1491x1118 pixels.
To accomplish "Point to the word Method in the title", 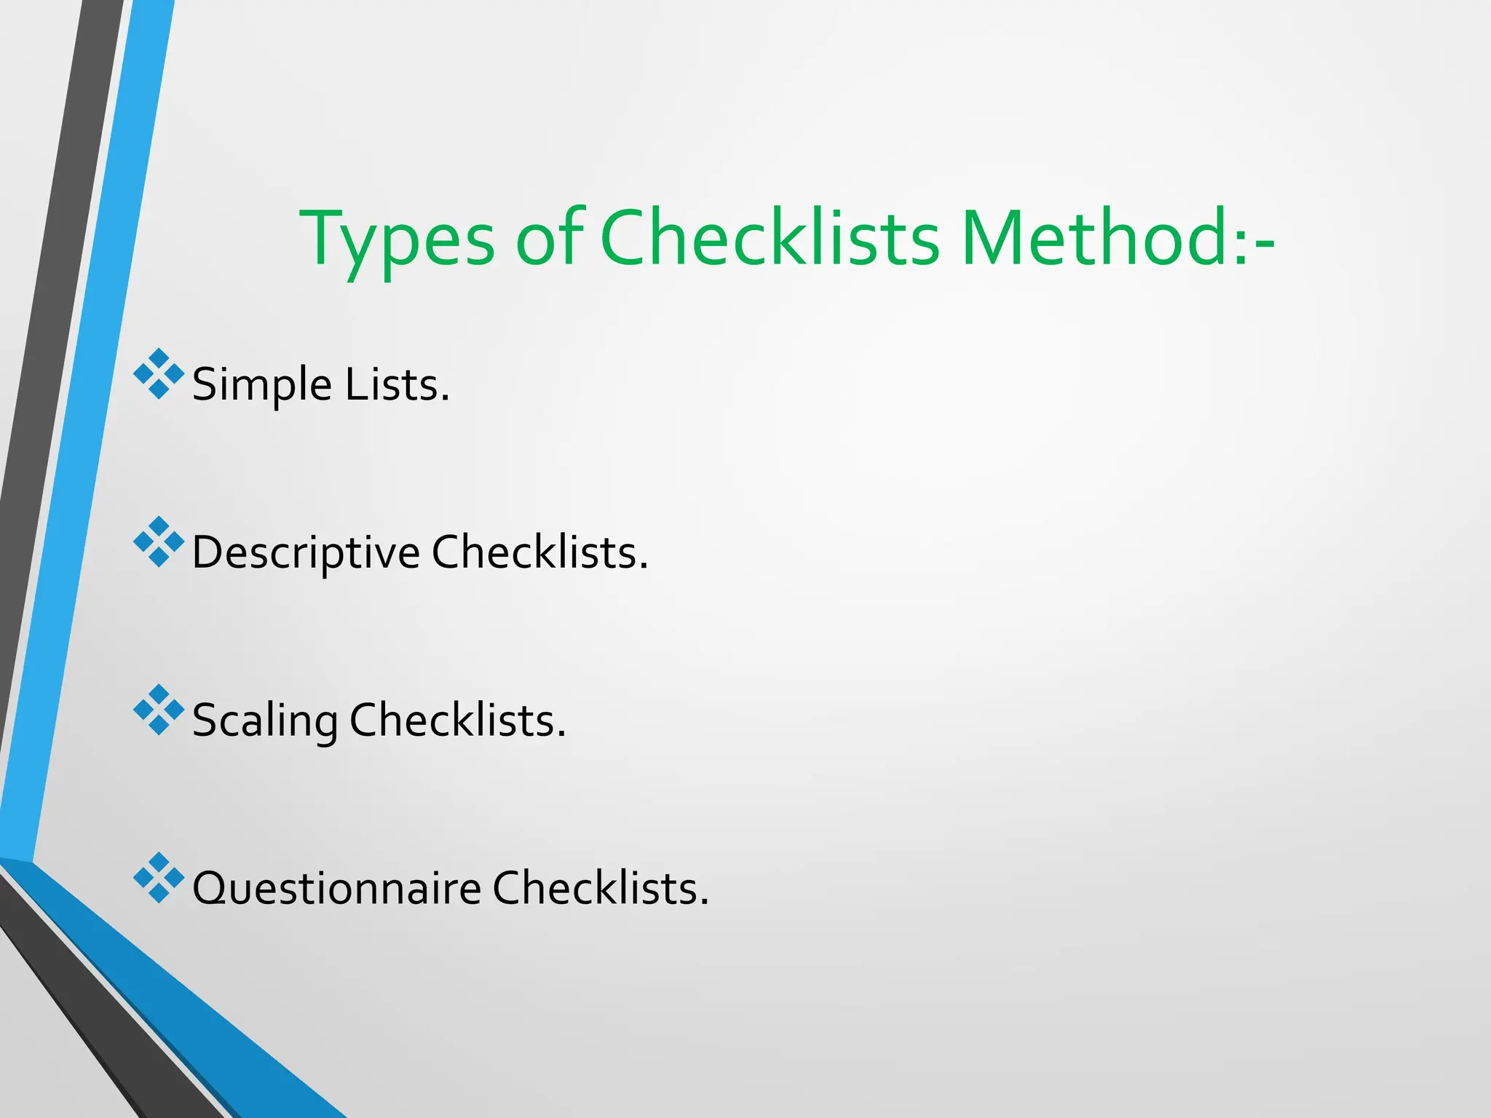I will click(x=1104, y=239).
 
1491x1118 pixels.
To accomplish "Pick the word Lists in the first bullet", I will click(x=397, y=385).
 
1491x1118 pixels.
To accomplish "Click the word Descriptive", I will click(x=306, y=552).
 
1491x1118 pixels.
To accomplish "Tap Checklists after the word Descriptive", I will click(x=539, y=552).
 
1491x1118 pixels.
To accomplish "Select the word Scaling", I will click(x=265, y=721).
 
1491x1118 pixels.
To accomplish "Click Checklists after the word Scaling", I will click(x=457, y=721).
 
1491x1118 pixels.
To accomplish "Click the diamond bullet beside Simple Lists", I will click(x=159, y=374).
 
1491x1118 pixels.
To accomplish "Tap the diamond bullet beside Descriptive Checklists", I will click(x=159, y=542).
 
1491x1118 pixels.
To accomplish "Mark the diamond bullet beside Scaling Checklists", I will click(x=159, y=710).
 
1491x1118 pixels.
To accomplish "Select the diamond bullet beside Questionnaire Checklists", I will click(x=159, y=877).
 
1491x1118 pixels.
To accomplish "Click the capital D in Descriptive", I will click(x=207, y=552).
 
